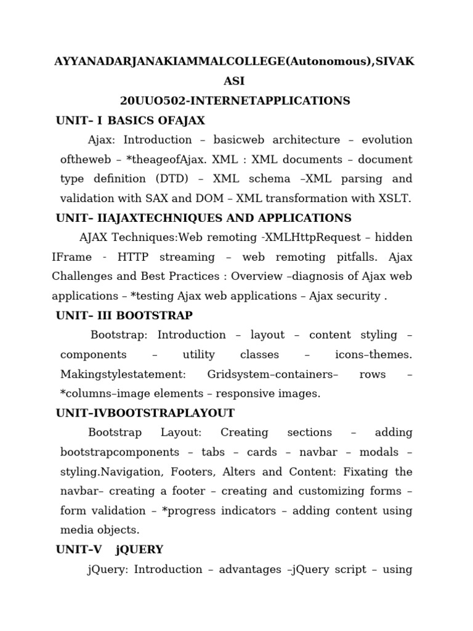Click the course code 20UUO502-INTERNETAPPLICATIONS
[235, 100]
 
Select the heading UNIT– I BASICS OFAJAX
[130, 120]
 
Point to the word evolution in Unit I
[387, 140]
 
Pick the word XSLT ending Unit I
[395, 198]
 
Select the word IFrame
[71, 257]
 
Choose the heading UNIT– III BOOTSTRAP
[124, 315]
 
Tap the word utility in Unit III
[199, 354]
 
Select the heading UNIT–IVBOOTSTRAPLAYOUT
[145, 413]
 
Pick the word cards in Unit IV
[262, 452]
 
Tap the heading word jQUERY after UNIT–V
[139, 549]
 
